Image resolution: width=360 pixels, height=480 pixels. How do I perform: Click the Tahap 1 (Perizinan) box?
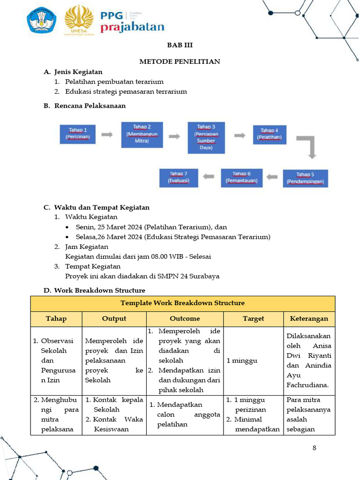pos(78,134)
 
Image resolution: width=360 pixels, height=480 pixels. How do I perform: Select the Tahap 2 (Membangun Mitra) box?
pos(142,134)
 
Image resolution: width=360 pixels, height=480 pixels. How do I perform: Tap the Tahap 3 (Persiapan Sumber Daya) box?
pos(206,137)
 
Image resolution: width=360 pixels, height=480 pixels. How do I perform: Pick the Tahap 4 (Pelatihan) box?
pos(270,134)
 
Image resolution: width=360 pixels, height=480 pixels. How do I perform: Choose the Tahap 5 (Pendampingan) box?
pos(305,178)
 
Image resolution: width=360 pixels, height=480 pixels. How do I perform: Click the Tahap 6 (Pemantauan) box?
pos(241,177)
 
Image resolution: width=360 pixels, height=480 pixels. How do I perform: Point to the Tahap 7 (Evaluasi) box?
pos(179,177)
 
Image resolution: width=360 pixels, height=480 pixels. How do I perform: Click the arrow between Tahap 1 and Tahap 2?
pos(107,135)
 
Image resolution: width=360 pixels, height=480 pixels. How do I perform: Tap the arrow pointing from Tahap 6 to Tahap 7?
pos(209,177)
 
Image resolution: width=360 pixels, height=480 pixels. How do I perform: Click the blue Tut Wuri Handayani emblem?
pos(42,20)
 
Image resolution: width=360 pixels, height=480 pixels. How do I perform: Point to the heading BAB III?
pos(180,45)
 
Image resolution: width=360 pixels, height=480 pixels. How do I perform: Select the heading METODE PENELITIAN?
pos(180,61)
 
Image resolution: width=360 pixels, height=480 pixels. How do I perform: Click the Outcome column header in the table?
pos(185,319)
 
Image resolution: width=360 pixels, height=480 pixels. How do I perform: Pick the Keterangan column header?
pos(309,319)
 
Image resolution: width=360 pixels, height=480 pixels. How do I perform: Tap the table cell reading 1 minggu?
pos(240,360)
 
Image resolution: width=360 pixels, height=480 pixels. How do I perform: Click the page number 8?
pos(314,448)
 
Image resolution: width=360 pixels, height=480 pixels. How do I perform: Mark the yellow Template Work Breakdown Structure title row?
pos(182,303)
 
